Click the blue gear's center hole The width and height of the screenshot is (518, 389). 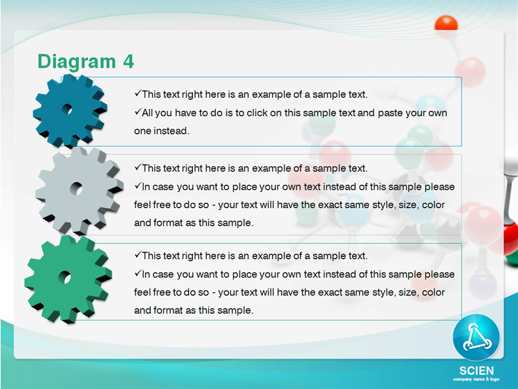(x=67, y=109)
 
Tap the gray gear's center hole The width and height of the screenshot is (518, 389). (x=76, y=189)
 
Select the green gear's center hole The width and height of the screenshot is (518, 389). (x=65, y=277)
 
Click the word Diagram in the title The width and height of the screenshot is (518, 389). (x=76, y=62)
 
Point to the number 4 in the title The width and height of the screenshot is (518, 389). (x=128, y=61)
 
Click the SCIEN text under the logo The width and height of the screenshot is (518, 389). (x=477, y=370)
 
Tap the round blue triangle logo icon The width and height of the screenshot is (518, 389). (x=476, y=337)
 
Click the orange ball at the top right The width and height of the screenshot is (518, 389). (x=446, y=23)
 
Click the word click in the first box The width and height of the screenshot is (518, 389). (x=257, y=113)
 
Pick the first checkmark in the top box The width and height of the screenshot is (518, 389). (x=138, y=93)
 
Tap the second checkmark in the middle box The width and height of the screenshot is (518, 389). (x=138, y=185)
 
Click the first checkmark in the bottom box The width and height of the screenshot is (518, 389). (x=138, y=255)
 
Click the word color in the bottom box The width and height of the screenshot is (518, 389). (x=433, y=292)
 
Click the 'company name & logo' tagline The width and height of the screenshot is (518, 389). (x=476, y=379)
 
